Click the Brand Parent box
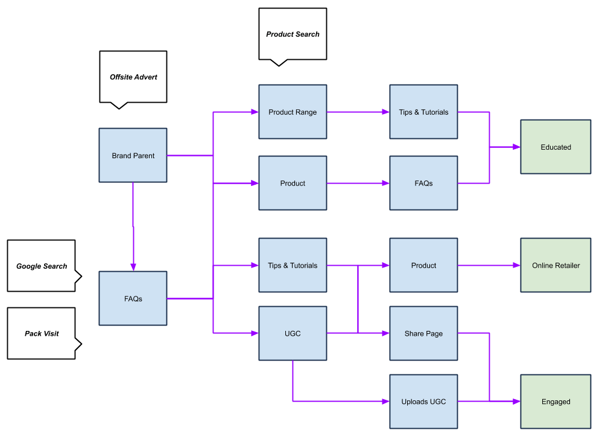tap(133, 155)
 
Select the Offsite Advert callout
tap(133, 77)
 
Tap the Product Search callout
tap(293, 34)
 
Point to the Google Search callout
tap(42, 266)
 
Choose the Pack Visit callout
tap(42, 333)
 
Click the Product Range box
tap(293, 112)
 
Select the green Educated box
tap(556, 147)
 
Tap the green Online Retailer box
tap(556, 265)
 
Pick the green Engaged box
tap(556, 402)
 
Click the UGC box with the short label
tap(293, 333)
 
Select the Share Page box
tap(423, 333)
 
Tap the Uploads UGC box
tap(423, 402)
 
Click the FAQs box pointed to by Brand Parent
tap(133, 298)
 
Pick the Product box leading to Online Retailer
tap(423, 265)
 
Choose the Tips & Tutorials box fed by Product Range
tap(423, 112)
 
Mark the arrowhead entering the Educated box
tap(516, 147)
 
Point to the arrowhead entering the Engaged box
tap(516, 402)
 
